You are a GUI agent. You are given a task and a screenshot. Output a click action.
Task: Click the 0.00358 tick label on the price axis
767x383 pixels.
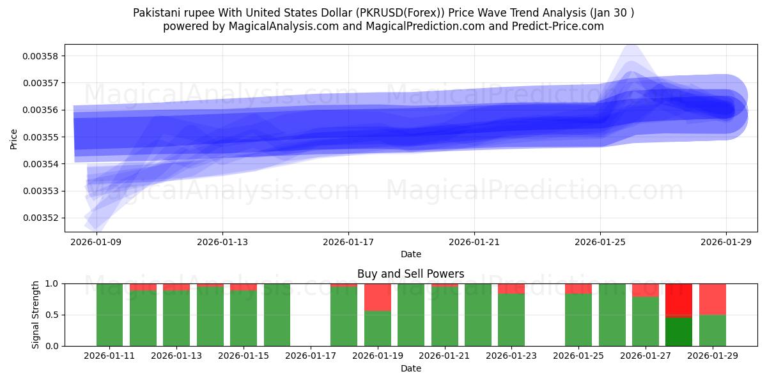(40, 56)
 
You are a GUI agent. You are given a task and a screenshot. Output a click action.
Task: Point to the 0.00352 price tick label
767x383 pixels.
(40, 218)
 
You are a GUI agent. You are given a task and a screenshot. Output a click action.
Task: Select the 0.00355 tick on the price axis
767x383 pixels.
(40, 137)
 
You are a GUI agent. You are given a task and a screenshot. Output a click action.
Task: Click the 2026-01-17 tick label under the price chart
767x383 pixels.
(348, 242)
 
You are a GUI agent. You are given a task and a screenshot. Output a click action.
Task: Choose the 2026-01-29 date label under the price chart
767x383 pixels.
(726, 242)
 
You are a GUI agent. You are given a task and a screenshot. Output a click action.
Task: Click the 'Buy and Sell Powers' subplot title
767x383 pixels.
(410, 274)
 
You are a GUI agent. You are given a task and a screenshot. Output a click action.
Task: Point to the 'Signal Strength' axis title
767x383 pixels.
(36, 315)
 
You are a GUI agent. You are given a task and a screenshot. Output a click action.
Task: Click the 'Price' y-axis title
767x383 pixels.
(14, 138)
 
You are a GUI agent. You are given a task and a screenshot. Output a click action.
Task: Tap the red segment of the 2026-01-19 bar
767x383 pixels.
(378, 297)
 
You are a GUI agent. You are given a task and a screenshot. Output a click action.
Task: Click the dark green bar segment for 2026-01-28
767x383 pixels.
(679, 331)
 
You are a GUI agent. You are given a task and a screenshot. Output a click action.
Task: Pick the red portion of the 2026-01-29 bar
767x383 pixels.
(713, 299)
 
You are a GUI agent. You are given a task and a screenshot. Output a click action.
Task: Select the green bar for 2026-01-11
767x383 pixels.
(109, 315)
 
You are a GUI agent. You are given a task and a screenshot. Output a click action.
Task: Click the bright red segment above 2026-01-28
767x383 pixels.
(679, 299)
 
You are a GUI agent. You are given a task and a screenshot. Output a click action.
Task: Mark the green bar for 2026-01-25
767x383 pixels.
(578, 319)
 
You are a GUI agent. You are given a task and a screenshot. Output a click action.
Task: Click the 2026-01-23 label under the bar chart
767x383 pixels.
(511, 356)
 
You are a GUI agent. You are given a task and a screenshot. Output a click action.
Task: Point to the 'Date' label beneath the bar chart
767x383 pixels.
(410, 368)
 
